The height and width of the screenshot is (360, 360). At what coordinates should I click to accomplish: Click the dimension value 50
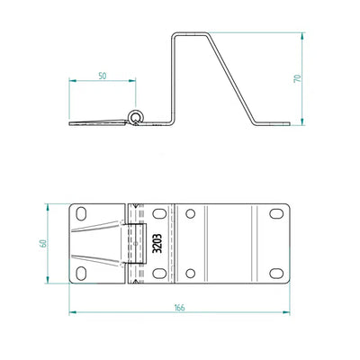pyautogui.click(x=103, y=76)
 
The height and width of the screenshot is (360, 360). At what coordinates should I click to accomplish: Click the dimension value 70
pyautogui.click(x=298, y=78)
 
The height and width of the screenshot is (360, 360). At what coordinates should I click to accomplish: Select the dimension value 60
pyautogui.click(x=43, y=243)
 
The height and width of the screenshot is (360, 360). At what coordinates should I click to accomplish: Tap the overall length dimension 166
pyautogui.click(x=179, y=308)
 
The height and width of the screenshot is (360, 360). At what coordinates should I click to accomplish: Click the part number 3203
pyautogui.click(x=157, y=243)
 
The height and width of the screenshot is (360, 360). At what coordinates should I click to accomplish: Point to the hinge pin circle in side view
pyautogui.click(x=136, y=116)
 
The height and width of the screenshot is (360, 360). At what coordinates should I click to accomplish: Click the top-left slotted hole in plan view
pyautogui.click(x=81, y=213)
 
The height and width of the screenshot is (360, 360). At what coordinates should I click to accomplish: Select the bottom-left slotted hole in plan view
pyautogui.click(x=81, y=274)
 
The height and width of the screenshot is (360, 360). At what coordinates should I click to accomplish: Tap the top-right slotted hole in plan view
pyautogui.click(x=276, y=213)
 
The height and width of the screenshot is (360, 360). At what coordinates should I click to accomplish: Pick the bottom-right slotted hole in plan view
pyautogui.click(x=276, y=274)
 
